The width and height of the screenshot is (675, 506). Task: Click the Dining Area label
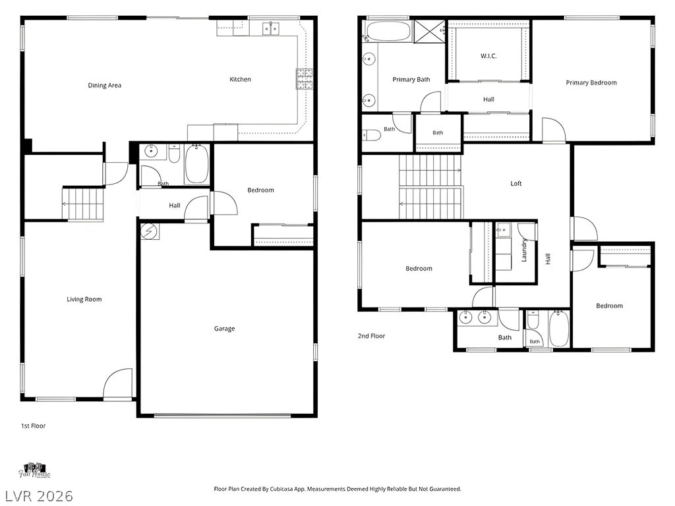(x=105, y=85)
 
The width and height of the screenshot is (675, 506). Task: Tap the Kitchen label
(x=240, y=79)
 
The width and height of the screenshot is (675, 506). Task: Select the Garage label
(x=224, y=329)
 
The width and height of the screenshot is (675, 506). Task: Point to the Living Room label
(x=84, y=300)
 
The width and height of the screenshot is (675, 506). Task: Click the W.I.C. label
(x=488, y=56)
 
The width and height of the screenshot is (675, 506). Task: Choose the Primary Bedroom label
(x=591, y=82)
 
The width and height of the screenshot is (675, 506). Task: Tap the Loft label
(x=515, y=183)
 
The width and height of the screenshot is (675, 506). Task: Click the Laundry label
(x=524, y=250)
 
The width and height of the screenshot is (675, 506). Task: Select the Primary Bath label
(x=411, y=80)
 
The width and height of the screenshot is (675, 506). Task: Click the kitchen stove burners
(x=305, y=79)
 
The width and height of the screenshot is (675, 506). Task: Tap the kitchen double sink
(x=271, y=28)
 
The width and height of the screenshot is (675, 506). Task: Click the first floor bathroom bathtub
(x=196, y=164)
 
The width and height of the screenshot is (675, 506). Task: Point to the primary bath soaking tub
(x=388, y=31)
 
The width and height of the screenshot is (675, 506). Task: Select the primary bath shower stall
(x=429, y=31)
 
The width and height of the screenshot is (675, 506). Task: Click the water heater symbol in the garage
(x=150, y=231)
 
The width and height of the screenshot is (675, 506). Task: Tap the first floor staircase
(x=83, y=204)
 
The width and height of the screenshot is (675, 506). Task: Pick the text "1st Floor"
(x=33, y=426)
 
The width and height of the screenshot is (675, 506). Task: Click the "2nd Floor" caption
(x=372, y=336)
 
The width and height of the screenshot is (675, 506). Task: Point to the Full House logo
(x=34, y=470)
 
